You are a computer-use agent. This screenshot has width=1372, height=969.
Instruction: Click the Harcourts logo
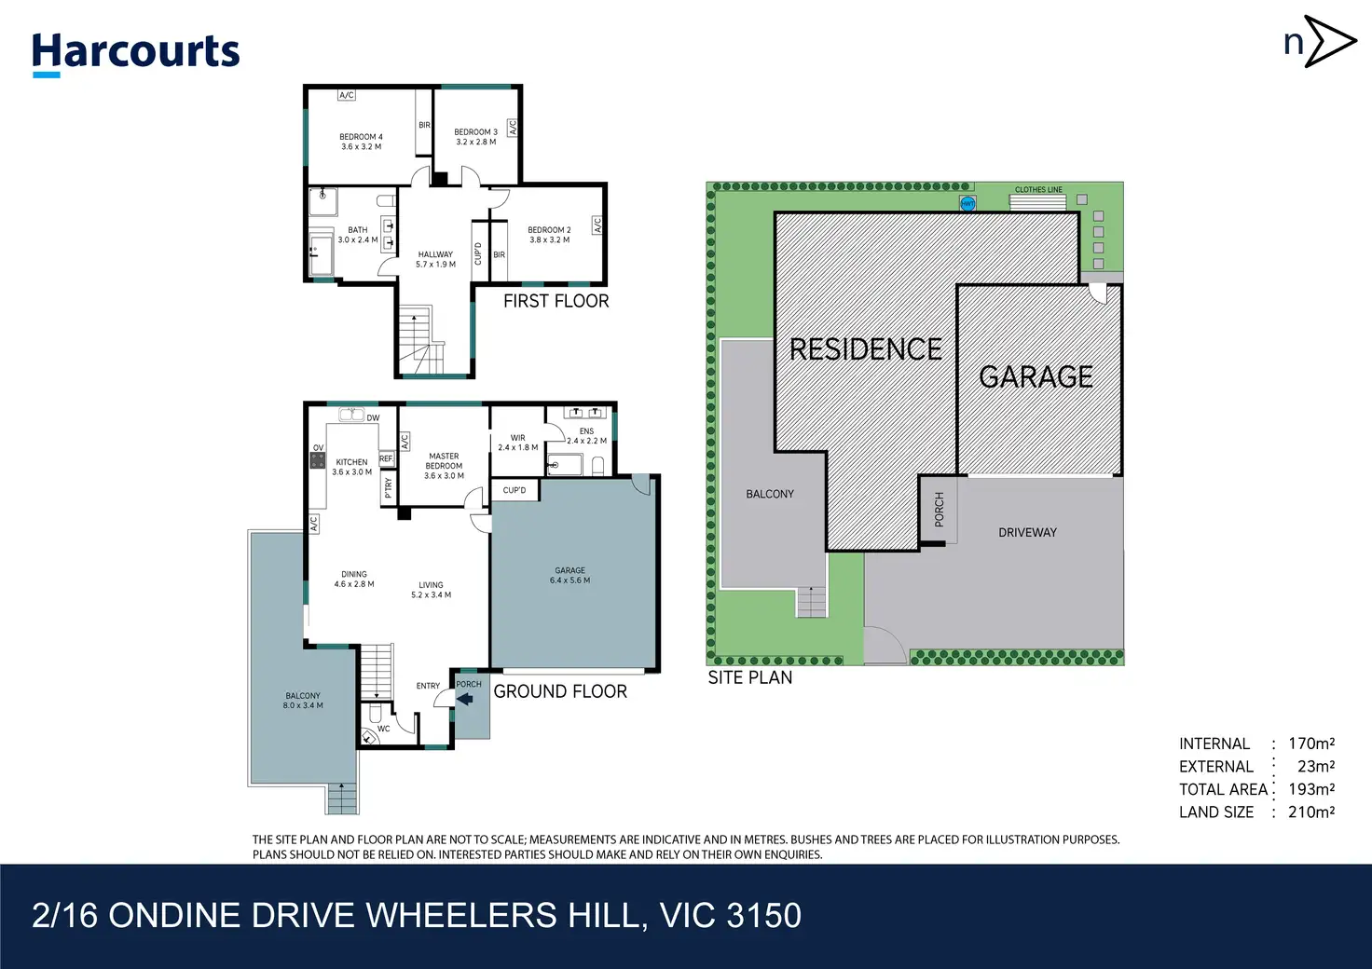coord(135,54)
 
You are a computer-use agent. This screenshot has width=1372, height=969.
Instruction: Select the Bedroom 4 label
coord(362,137)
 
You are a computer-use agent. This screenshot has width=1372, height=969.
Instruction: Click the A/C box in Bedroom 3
coord(513,128)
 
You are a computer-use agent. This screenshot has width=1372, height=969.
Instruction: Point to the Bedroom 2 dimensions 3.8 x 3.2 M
coord(549,240)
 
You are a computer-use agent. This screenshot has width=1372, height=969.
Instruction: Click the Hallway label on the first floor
coord(435,254)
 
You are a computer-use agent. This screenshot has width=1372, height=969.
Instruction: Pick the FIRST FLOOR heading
coord(556,301)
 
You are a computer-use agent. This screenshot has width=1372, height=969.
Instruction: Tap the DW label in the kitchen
coord(373,418)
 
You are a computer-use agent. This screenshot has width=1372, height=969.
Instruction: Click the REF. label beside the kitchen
coord(387,458)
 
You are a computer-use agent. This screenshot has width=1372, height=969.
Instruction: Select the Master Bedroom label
coord(444,461)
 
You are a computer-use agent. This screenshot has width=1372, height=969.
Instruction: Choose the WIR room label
coord(517,438)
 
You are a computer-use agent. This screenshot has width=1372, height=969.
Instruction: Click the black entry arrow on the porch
coord(465,699)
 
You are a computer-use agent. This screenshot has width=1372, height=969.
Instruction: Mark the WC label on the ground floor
coord(383,729)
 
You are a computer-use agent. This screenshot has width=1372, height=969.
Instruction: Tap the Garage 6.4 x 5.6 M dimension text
coord(569,580)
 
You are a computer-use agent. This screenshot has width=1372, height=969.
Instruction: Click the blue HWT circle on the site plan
coord(967,204)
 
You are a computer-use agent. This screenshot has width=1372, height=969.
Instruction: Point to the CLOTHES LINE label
coord(1039,190)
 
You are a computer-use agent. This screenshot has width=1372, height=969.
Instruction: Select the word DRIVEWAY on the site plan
coord(1028,533)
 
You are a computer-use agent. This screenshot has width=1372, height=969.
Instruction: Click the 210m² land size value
coord(1311,812)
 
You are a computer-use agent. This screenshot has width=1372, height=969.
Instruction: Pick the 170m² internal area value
coord(1311,744)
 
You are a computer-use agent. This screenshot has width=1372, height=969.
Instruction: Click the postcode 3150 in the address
coord(763,916)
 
